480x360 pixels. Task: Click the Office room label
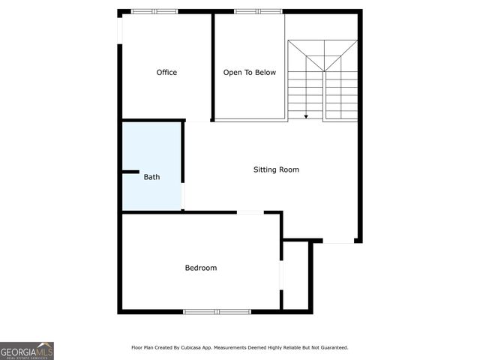(166, 73)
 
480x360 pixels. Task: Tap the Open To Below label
(250, 73)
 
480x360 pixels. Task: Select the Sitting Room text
(276, 169)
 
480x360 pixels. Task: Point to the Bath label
(151, 178)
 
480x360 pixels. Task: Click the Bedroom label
(201, 268)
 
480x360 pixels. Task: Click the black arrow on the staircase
(306, 116)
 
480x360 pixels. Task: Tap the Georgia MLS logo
(27, 350)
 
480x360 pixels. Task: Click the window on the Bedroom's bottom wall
(217, 311)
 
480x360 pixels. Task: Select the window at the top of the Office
(154, 11)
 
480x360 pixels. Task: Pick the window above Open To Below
(258, 11)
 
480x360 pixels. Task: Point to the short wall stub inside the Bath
(130, 172)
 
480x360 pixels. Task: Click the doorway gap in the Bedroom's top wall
(250, 212)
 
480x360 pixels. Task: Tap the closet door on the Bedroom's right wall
(281, 274)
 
